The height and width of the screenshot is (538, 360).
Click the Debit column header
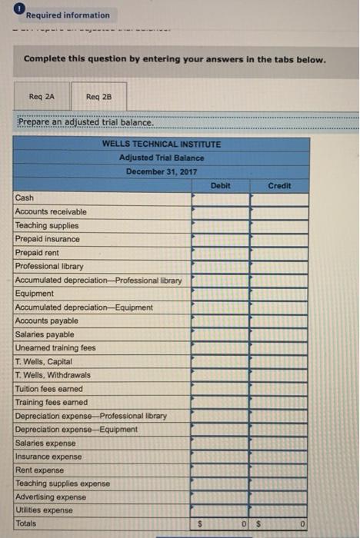pos(220,185)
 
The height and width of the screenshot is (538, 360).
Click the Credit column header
pos(279,185)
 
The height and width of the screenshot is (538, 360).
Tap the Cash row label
pos(24,198)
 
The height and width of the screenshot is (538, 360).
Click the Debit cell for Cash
pos(220,198)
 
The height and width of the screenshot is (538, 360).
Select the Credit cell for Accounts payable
pos(279,320)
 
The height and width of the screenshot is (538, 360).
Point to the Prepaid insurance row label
pos(47,239)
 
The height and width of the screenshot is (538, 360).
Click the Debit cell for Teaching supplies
pos(220,225)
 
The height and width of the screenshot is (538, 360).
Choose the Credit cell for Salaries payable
pos(279,334)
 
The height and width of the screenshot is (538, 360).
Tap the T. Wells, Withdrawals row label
pos(52,375)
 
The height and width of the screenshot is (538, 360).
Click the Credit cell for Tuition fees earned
pos(279,388)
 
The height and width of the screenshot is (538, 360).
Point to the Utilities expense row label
pos(45,510)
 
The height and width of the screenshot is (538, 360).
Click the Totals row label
pos(26,523)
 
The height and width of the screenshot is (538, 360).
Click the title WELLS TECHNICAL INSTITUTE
pos(161,144)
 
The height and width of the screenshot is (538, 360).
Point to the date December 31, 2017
pos(161,171)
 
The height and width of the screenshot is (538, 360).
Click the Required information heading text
pos(68,15)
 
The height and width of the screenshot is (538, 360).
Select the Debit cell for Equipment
pos(220,294)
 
